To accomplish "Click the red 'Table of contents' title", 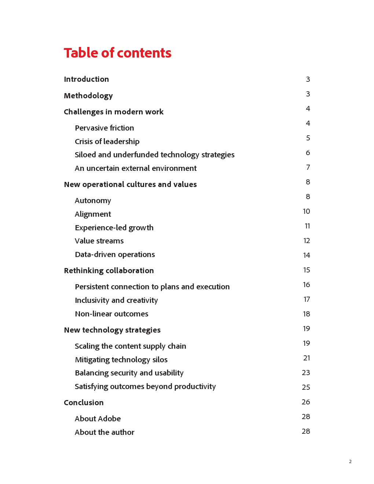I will click(117, 53).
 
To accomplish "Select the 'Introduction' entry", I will click(86, 79).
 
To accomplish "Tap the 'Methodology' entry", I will click(88, 96).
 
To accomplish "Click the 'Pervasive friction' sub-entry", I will click(104, 128).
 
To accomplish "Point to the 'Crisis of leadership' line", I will click(107, 142).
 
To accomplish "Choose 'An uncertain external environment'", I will click(136, 168).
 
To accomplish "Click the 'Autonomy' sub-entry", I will click(93, 201).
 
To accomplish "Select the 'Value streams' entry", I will click(99, 241).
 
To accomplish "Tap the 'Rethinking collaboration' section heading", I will click(109, 271).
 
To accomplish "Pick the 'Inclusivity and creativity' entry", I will click(116, 300).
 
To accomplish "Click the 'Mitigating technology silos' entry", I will click(121, 360).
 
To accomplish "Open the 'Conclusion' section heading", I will click(84, 403).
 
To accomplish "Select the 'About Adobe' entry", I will click(98, 419).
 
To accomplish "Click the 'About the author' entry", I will click(104, 432).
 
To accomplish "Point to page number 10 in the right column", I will click(306, 211).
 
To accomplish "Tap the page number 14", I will click(307, 255).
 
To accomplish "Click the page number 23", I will click(306, 373).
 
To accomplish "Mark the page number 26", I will click(306, 402).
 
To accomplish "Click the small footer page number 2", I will click(350, 462).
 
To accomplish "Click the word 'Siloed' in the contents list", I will click(85, 155).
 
